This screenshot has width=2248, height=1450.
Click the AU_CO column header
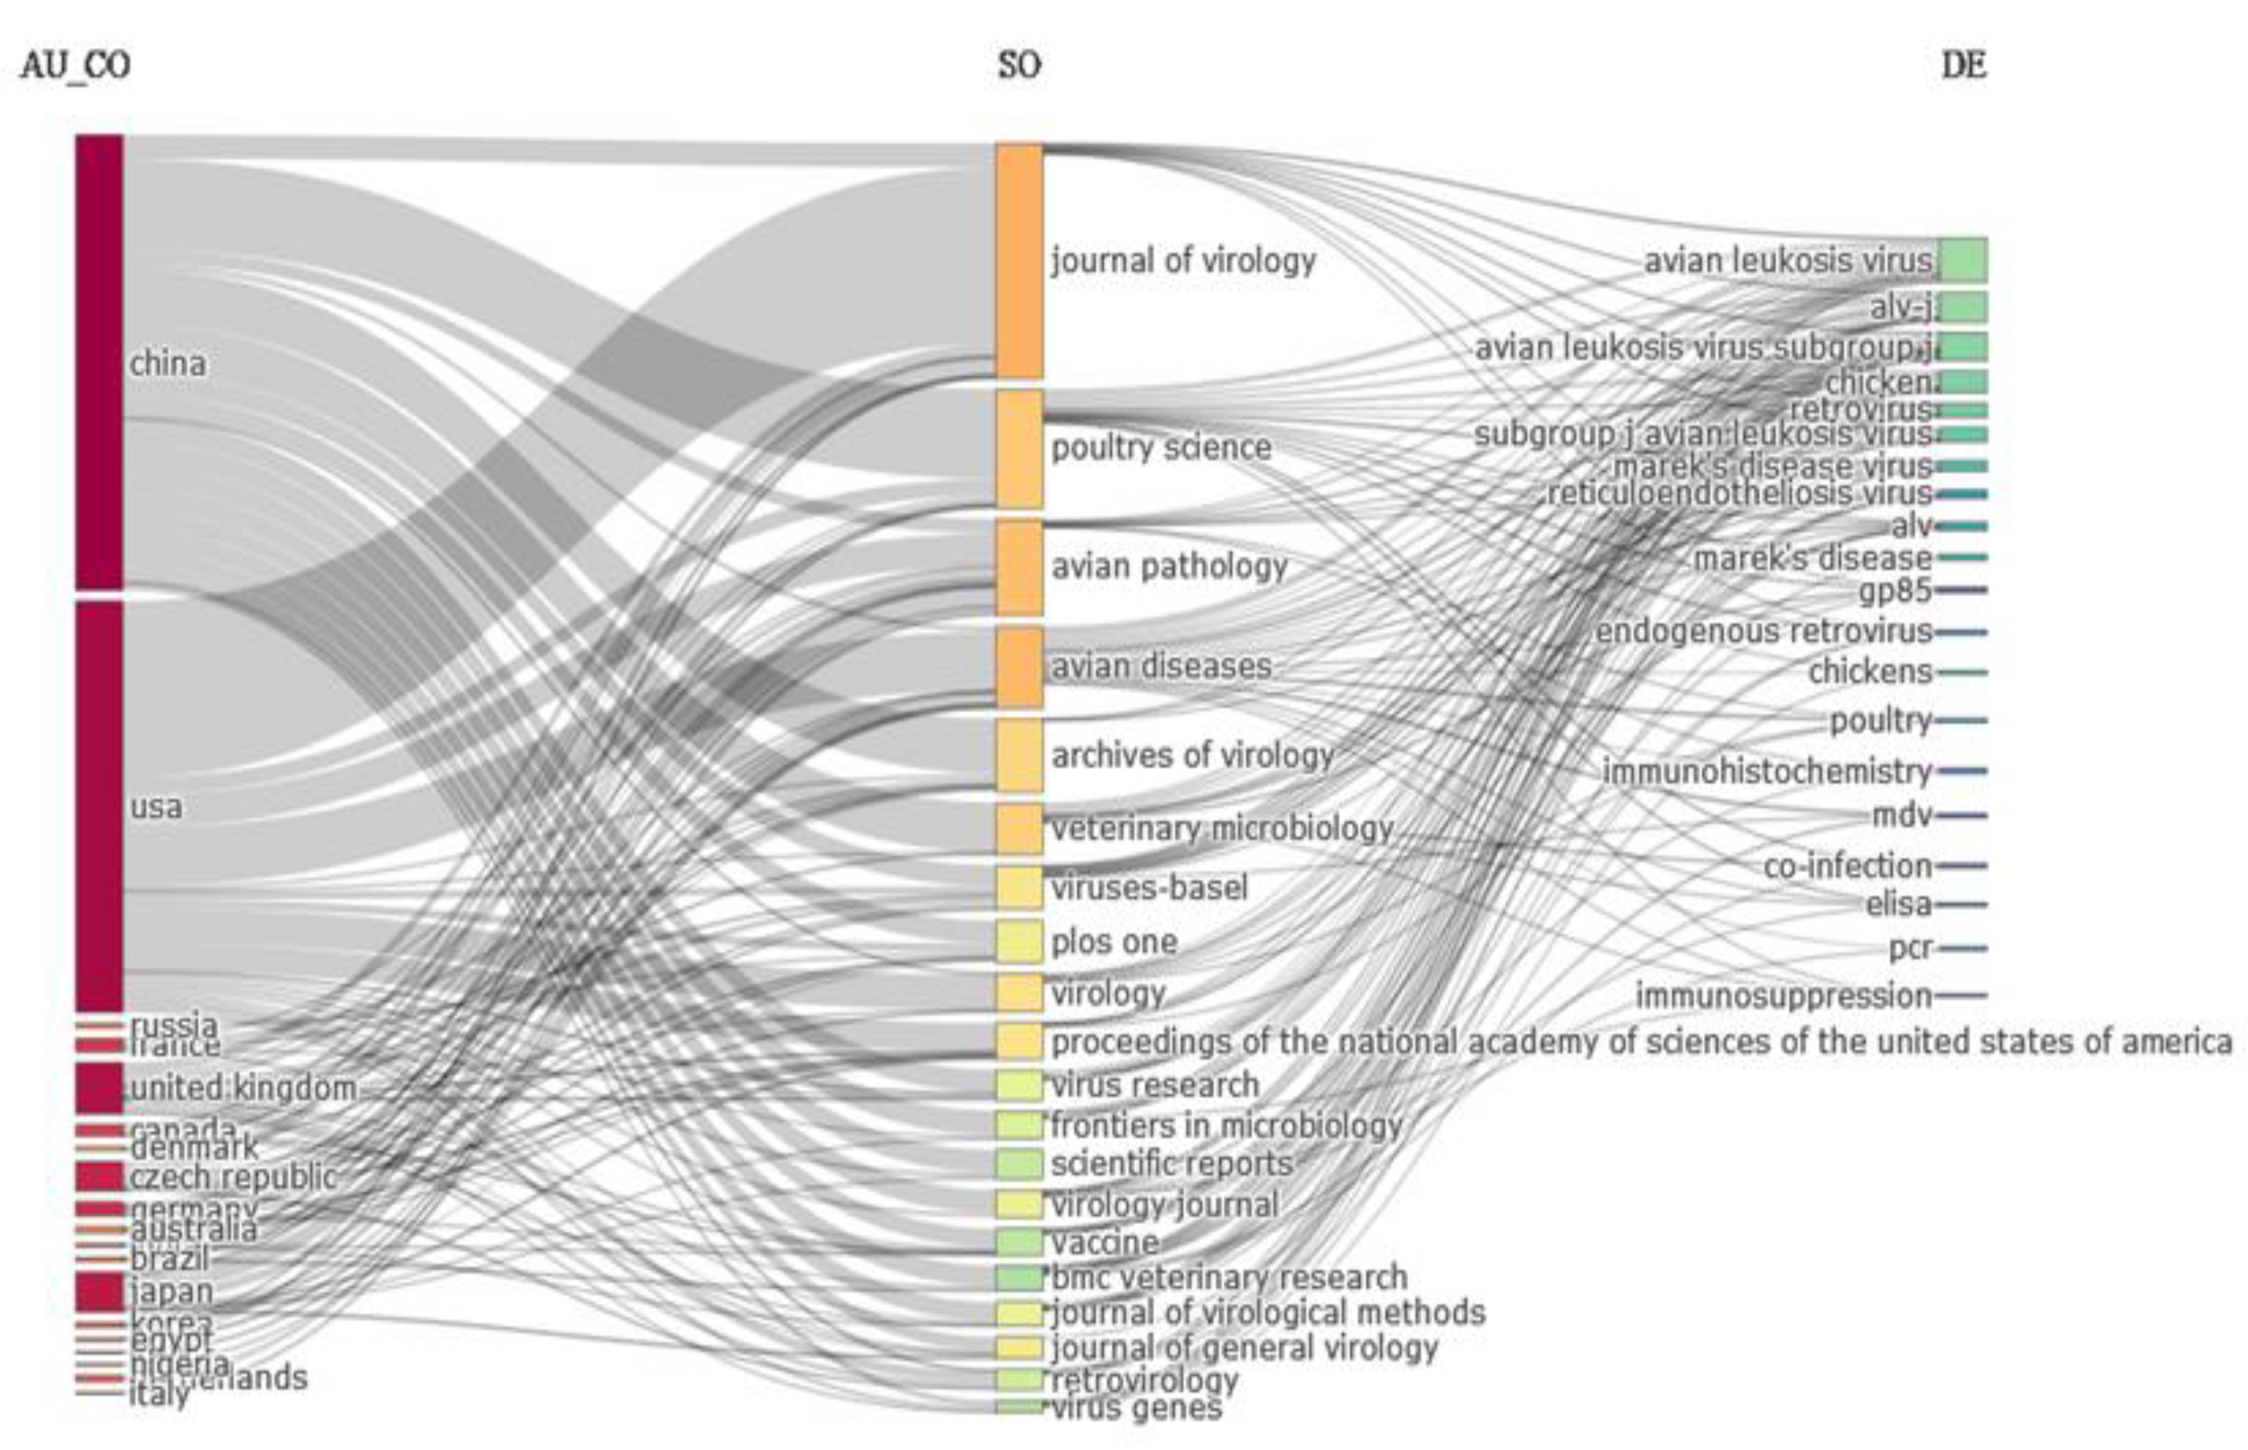[76, 66]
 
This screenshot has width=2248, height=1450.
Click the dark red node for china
[99, 363]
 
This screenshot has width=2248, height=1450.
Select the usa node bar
[99, 805]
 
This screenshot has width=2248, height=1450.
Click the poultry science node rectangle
[1020, 448]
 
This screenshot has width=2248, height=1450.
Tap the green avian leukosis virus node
[1963, 260]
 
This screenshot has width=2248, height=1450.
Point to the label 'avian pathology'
[1169, 566]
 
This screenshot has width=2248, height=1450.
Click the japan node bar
[99, 1291]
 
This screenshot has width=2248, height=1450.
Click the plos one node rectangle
[1020, 941]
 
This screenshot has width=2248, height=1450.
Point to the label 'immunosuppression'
[1783, 995]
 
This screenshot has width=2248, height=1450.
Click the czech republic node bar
[99, 1176]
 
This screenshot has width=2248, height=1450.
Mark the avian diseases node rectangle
[1020, 667]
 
